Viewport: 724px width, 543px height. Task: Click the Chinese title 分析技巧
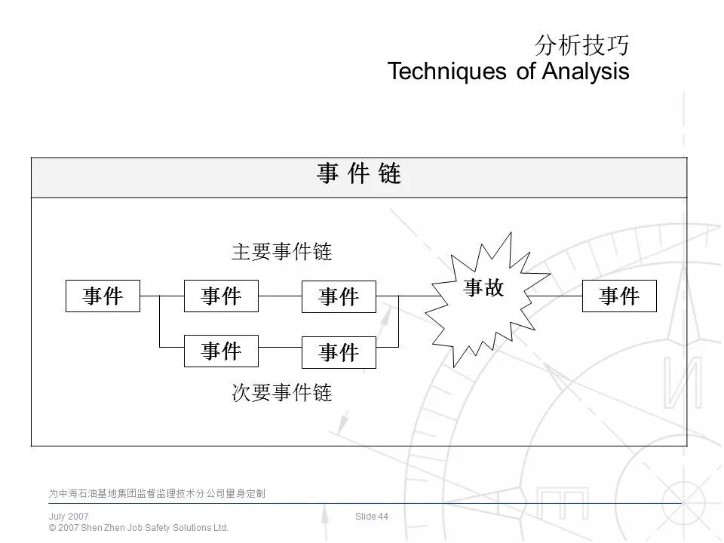coord(581,46)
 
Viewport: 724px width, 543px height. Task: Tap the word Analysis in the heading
coord(585,72)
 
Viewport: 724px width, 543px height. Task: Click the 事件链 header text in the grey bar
coord(359,175)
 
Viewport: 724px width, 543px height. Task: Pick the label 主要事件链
coord(281,252)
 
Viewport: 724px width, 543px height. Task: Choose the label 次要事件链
coord(281,393)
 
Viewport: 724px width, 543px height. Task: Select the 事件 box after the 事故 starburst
coord(619,296)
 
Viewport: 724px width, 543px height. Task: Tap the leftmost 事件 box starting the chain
coord(103,296)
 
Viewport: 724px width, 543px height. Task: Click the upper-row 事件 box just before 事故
coord(339,296)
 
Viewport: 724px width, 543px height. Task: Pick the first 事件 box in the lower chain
coord(221,351)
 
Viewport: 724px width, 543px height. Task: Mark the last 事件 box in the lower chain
coord(339,352)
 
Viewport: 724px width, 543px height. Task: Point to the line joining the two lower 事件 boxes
coord(280,347)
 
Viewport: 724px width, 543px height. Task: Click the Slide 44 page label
coord(372,517)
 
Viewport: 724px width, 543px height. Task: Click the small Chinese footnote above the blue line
coord(157,494)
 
